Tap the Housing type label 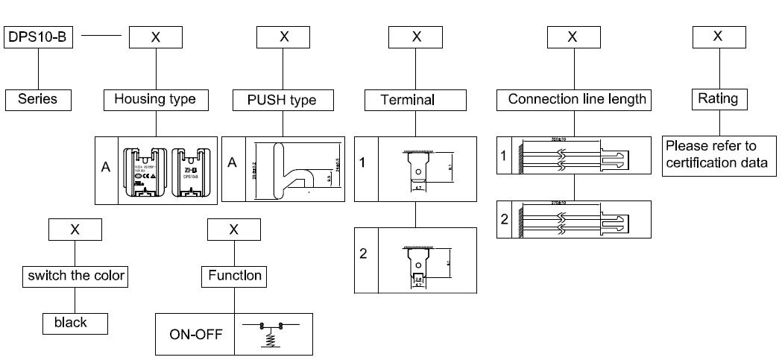coord(155,99)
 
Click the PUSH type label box coord(283,99)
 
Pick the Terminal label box coord(408,99)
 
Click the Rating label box coord(717,99)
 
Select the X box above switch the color coord(75,230)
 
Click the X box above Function coord(233,230)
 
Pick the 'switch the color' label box coord(75,276)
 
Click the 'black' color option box coord(75,322)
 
